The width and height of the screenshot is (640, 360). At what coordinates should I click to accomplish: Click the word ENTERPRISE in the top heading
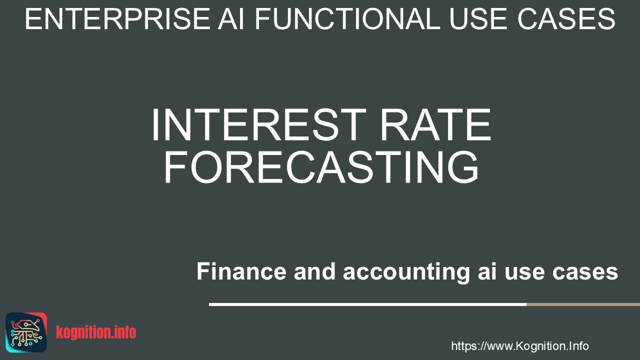tap(117, 19)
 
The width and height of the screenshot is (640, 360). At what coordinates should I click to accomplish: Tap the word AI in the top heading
tap(231, 19)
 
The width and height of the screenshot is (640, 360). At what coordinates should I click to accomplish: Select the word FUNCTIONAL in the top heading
tap(347, 19)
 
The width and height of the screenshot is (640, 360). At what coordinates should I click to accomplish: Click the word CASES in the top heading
tap(566, 19)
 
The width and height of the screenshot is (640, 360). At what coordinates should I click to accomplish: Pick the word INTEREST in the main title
tap(259, 125)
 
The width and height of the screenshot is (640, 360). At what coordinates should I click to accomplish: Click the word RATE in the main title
tap(435, 125)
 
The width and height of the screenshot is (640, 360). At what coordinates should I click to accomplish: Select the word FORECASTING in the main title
tap(321, 167)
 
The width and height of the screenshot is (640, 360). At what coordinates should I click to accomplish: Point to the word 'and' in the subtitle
tap(314, 271)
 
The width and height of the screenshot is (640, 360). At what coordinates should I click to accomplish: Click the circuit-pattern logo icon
tap(26, 332)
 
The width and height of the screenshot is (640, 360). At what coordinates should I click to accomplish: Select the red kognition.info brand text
tap(96, 332)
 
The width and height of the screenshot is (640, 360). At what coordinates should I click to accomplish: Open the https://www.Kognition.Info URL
tap(520, 346)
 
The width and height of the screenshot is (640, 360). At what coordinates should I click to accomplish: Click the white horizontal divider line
tap(367, 304)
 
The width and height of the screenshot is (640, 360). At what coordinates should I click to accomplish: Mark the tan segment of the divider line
tap(583, 304)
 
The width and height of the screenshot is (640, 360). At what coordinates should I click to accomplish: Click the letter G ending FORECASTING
tap(463, 167)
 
